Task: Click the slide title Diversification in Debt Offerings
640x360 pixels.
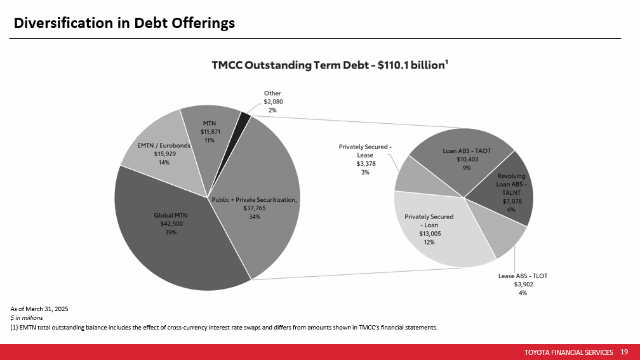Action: tap(124, 23)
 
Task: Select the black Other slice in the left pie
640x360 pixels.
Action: tap(245, 116)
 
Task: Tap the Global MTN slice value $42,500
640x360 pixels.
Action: tap(171, 223)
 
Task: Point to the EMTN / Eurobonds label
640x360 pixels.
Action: tap(164, 145)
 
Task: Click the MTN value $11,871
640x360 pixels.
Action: tap(210, 132)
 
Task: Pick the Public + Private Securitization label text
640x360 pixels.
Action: tap(254, 199)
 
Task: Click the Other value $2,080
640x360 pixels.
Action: tap(273, 102)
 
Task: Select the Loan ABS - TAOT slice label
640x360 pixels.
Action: tap(467, 151)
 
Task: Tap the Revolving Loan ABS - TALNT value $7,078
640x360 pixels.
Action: tap(512, 201)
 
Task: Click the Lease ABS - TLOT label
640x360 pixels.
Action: tap(523, 276)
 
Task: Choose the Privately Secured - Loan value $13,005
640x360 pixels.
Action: tap(430, 234)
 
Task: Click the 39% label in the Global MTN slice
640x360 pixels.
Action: tap(171, 232)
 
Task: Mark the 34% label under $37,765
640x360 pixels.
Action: tap(254, 217)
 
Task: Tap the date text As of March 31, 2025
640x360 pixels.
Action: tap(39, 309)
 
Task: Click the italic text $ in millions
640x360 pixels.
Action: tap(27, 318)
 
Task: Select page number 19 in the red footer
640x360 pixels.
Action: tap(624, 352)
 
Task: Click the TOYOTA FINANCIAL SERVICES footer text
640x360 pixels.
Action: tap(569, 352)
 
